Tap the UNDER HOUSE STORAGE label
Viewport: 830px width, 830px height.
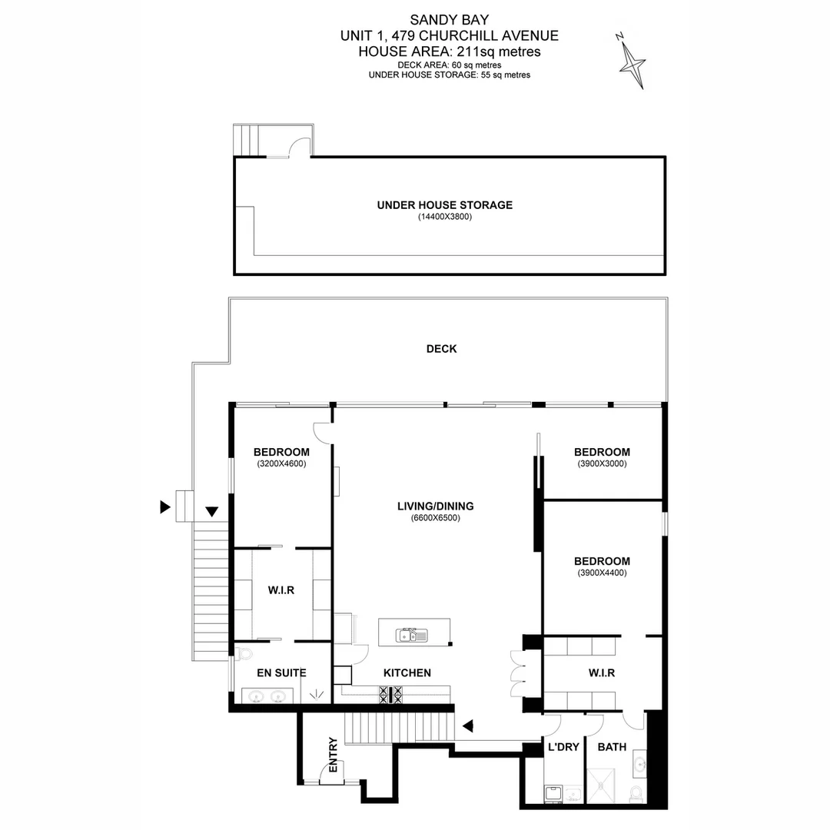[x=444, y=205]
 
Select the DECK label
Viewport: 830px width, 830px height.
[x=441, y=349]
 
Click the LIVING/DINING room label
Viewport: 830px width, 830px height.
[x=435, y=506]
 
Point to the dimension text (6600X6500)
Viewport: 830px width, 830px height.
[x=435, y=518]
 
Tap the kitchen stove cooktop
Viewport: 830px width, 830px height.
[x=391, y=695]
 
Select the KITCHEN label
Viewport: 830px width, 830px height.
[x=407, y=673]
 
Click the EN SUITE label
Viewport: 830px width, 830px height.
[x=281, y=673]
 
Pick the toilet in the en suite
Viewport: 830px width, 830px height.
[x=244, y=654]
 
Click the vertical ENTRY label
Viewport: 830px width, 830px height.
[x=333, y=755]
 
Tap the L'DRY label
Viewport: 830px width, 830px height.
[x=563, y=747]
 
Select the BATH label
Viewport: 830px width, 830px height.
[x=612, y=747]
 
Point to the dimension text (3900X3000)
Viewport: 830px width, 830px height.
[x=602, y=463]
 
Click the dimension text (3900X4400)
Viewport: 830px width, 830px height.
[x=602, y=573]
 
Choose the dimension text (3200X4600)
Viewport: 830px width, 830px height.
[x=281, y=463]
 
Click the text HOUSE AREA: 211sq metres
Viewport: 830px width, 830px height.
[x=450, y=51]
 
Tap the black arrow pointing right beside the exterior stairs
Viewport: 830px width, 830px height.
[x=164, y=506]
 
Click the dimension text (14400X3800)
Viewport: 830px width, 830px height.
[x=444, y=217]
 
